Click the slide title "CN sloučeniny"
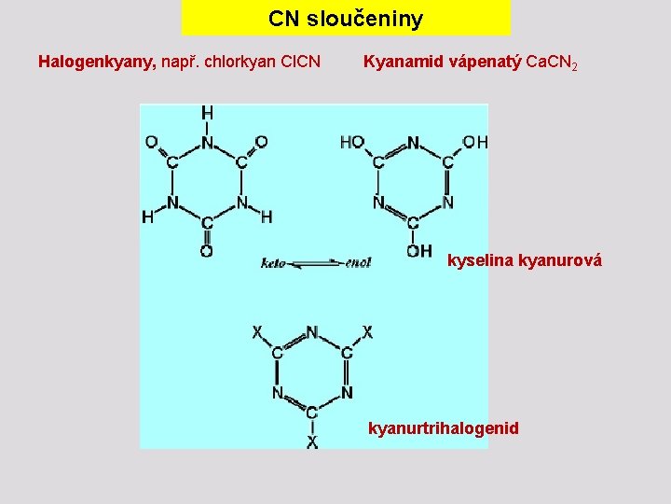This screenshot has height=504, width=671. pos(345,19)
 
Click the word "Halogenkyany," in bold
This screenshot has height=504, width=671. pos(97,63)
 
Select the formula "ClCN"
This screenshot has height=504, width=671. pos(301,63)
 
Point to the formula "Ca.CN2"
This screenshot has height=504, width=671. pos(552,63)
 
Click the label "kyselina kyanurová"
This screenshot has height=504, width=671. pos(525,260)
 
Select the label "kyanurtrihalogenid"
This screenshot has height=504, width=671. pos(444,428)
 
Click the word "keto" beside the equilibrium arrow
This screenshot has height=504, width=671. pos(273,263)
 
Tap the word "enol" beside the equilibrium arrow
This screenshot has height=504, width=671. pos(358,263)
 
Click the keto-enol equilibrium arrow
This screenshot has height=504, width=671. pos(316,264)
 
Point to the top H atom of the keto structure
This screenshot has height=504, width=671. pos(207,113)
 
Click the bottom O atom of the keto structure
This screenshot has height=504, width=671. pos(206,251)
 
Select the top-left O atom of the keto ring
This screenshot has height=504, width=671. pos(151,142)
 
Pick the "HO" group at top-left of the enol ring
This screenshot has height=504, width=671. pos(352,143)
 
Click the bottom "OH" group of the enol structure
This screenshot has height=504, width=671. pos(418,250)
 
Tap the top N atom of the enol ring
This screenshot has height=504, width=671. pos(413,144)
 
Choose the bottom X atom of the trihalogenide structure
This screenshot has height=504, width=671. pos(312,441)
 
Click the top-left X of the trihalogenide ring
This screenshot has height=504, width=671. pos(257,332)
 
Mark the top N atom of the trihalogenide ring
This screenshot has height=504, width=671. pos(311,332)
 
